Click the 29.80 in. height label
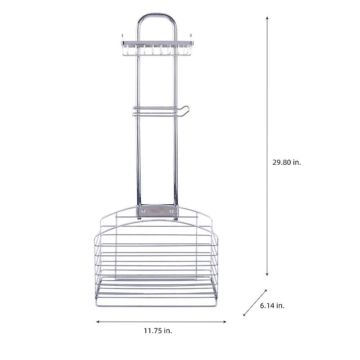click(286, 162)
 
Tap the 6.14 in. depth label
click(272, 306)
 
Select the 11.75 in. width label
click(158, 331)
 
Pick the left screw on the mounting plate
click(144, 210)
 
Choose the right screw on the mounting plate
click(171, 210)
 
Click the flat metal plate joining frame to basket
click(157, 211)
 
